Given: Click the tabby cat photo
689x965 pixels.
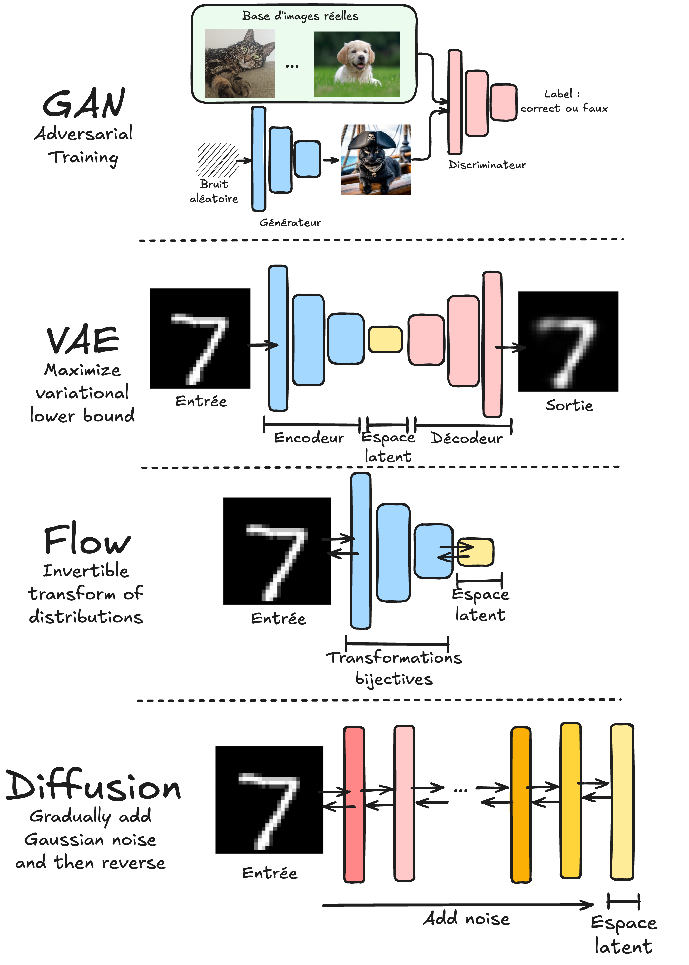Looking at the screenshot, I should point(240,63).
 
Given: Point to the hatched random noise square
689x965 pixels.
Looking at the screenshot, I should point(217,160).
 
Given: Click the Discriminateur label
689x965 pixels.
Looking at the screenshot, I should point(487,165).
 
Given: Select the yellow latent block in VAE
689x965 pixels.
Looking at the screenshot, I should point(385,339).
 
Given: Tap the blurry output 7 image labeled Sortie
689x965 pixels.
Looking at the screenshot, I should point(568,341).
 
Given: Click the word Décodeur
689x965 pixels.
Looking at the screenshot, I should point(466,438).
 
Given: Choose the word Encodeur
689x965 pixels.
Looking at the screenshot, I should point(309,438).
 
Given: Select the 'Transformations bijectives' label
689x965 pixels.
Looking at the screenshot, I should point(394,668).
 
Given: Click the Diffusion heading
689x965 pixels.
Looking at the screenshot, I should point(93,786).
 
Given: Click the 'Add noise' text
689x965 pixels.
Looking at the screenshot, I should point(466,919).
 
